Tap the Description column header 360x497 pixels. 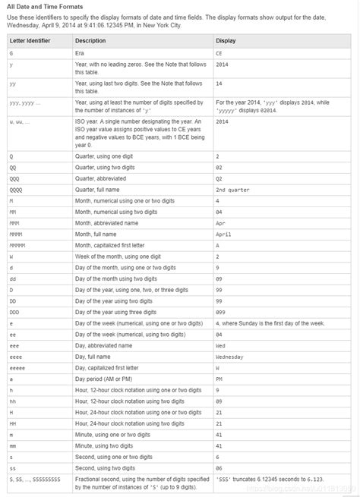(x=90, y=39)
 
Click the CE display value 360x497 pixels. (x=220, y=54)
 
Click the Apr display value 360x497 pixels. (x=221, y=223)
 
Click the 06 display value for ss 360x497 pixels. (x=219, y=468)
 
